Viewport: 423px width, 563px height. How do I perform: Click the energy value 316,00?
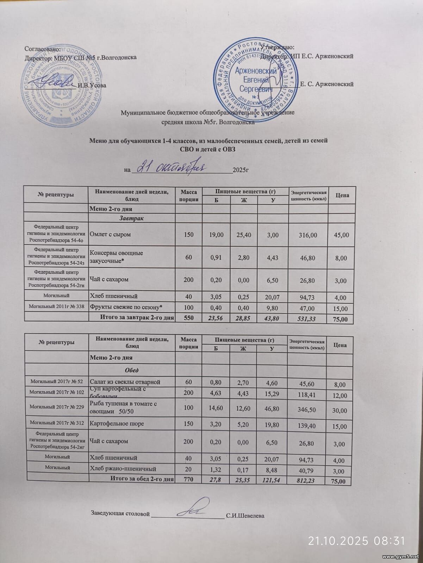click(308, 235)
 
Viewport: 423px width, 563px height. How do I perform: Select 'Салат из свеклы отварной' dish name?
click(125, 382)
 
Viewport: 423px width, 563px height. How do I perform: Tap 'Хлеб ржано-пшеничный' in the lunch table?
click(123, 469)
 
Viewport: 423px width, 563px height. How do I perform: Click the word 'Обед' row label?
click(131, 370)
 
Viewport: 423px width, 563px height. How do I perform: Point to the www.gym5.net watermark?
click(401, 557)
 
